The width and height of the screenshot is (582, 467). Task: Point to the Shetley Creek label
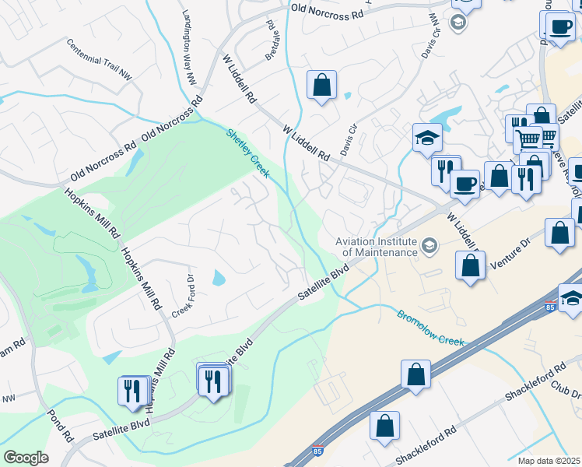(247, 153)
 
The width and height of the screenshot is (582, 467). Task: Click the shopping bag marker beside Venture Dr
(471, 265)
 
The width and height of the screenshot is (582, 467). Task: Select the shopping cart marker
(528, 139)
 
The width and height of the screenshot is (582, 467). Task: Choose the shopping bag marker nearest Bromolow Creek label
(416, 374)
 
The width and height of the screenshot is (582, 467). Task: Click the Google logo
(26, 457)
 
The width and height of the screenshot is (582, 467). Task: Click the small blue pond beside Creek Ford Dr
(219, 278)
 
